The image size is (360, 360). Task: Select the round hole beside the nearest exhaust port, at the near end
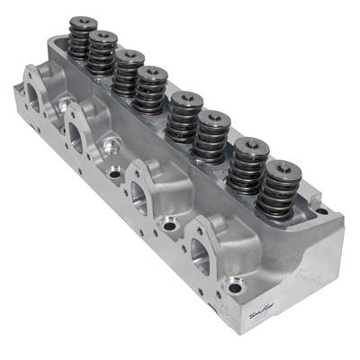pos(235,288)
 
